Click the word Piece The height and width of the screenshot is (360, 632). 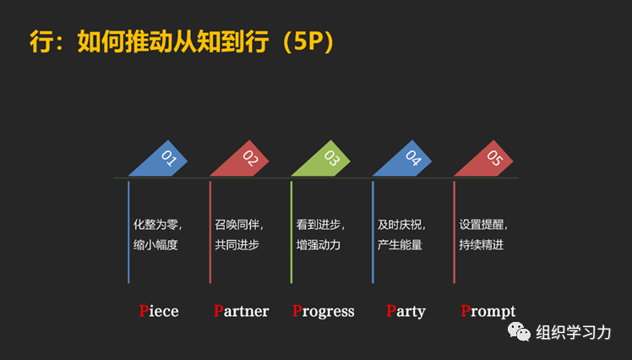(x=159, y=311)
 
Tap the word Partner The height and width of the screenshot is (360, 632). (x=241, y=311)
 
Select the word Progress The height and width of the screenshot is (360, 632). (x=324, y=311)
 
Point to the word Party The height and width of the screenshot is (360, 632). (x=406, y=311)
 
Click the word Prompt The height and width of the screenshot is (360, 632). (x=488, y=311)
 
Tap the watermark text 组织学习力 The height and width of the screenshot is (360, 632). (x=574, y=332)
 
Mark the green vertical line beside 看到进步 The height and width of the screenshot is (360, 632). (x=291, y=231)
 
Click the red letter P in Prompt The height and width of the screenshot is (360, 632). (x=466, y=311)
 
